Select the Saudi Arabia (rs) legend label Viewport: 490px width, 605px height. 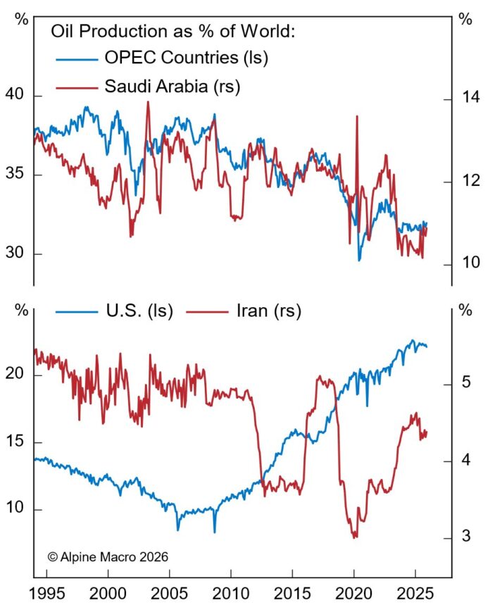[x=172, y=87]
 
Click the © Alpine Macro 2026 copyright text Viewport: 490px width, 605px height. [x=108, y=556]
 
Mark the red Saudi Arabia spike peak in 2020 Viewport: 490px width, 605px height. [x=356, y=116]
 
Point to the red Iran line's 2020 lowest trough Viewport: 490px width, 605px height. [x=354, y=537]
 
